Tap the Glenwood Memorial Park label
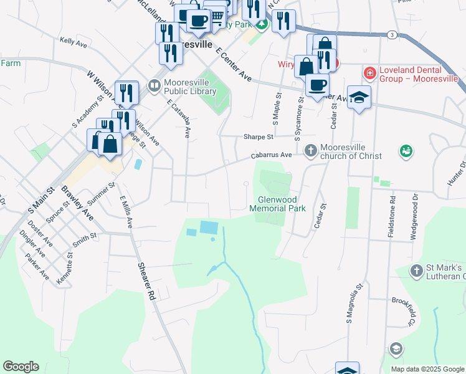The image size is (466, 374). [x=277, y=204]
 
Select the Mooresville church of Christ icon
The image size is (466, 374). [x=310, y=150]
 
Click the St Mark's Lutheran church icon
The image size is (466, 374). [x=416, y=271]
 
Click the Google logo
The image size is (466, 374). [x=21, y=367]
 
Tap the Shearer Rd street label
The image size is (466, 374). [x=146, y=281]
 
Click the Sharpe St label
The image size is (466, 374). [x=259, y=137]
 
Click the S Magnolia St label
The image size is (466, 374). [x=354, y=309]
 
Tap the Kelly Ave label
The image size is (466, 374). [x=73, y=42]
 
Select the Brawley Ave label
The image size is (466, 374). [x=77, y=204]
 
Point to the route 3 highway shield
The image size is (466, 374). [x=391, y=35]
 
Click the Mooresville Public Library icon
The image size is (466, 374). [x=153, y=84]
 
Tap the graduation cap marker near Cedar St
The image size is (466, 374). [x=359, y=98]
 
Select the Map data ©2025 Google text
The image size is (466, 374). [x=427, y=369]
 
